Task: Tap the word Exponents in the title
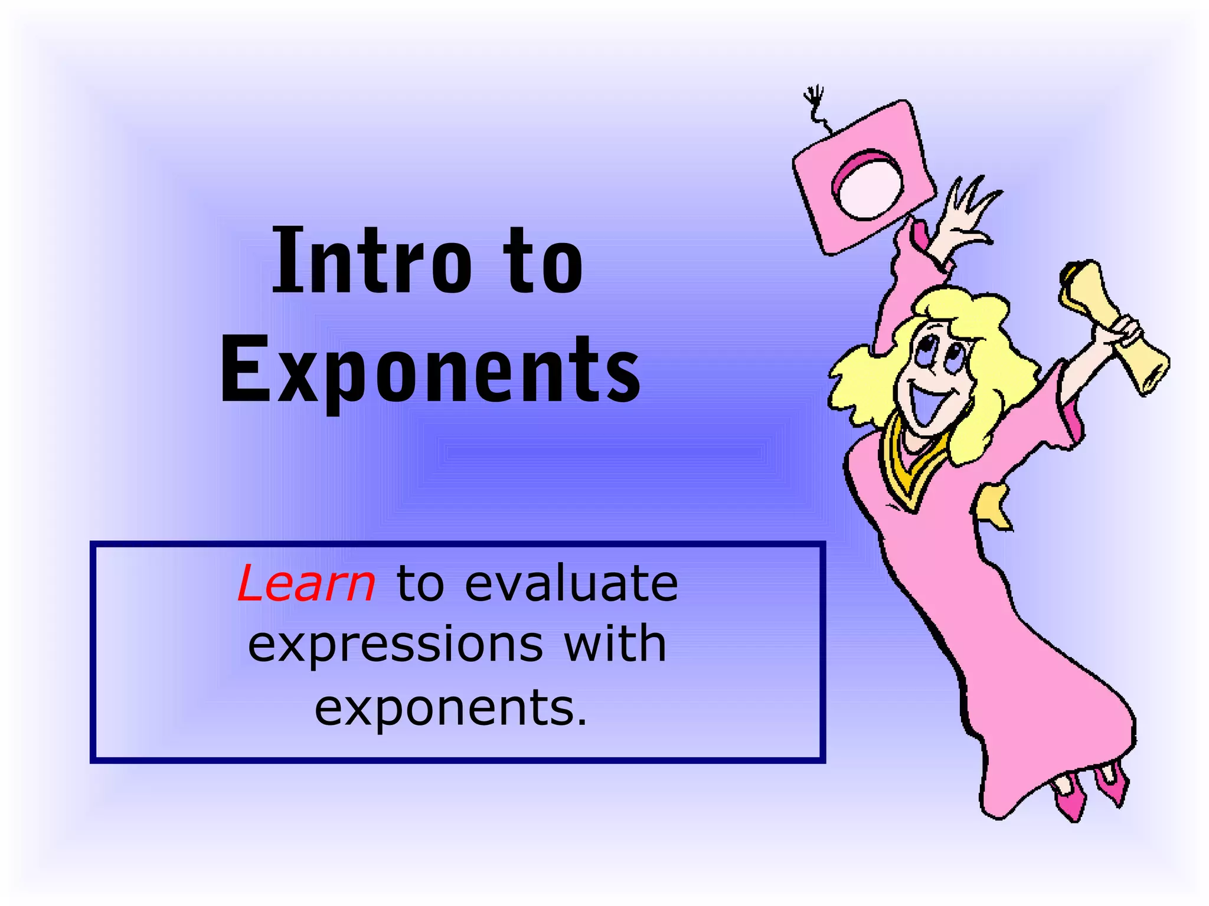[430, 369]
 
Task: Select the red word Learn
[306, 583]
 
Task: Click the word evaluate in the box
[571, 583]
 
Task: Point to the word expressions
[395, 644]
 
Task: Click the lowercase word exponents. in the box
[451, 707]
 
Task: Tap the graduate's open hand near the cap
[968, 212]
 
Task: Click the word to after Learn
[420, 583]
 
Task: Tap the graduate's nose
[932, 372]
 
